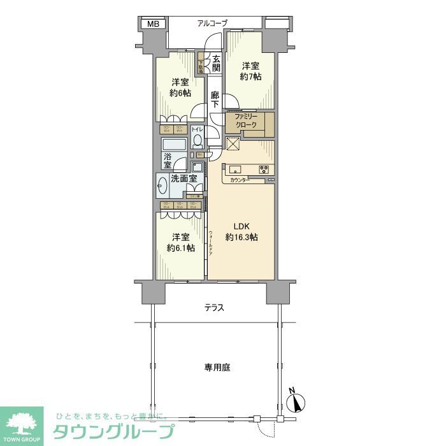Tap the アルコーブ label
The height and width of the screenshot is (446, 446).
[x=212, y=24]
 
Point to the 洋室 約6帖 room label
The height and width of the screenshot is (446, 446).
[x=180, y=87]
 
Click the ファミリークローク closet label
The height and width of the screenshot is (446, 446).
[x=245, y=122]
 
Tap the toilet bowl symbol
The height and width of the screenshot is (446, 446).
[x=198, y=140]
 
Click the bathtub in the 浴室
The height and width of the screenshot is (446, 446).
[x=174, y=145]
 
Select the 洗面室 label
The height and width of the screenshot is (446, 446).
[x=183, y=180]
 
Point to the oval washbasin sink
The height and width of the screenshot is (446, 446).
[x=162, y=186]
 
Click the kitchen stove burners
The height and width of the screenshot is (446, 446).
[x=264, y=169]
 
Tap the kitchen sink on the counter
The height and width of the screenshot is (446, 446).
[x=234, y=169]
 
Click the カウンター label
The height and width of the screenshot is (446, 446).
[x=241, y=181]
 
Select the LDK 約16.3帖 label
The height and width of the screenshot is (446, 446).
[x=241, y=232]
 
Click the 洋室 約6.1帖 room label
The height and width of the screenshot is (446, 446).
[x=180, y=243]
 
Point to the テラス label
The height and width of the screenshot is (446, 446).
[x=214, y=308]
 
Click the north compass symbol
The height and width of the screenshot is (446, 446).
[x=296, y=401]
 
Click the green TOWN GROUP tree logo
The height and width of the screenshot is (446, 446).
[x=22, y=422]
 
